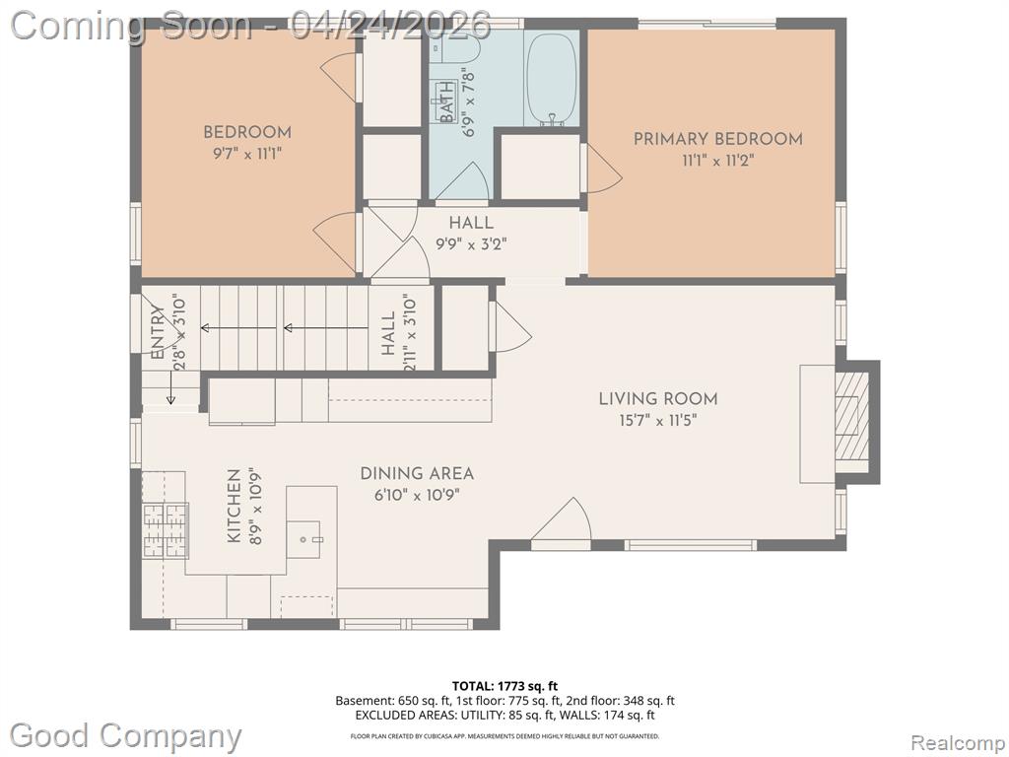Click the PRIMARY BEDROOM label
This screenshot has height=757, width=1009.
pyautogui.click(x=717, y=139)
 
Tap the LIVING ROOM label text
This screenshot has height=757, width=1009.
pyautogui.click(x=657, y=399)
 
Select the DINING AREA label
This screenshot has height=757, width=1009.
pyautogui.click(x=417, y=474)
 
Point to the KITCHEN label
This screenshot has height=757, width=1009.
pyautogui.click(x=235, y=506)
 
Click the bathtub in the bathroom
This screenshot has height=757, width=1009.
pyautogui.click(x=552, y=79)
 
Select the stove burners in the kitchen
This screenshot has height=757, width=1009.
pyautogui.click(x=165, y=529)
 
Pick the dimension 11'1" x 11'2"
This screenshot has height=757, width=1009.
pyautogui.click(x=717, y=161)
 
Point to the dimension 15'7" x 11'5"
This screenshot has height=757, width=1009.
pyautogui.click(x=657, y=421)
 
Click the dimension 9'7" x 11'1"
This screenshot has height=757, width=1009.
pyautogui.click(x=247, y=154)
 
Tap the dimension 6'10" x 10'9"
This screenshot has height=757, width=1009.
pyautogui.click(x=417, y=495)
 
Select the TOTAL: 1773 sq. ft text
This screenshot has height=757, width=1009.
pyautogui.click(x=504, y=686)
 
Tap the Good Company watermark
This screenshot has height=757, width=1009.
pyautogui.click(x=125, y=735)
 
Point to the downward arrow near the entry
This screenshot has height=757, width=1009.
pyautogui.click(x=170, y=387)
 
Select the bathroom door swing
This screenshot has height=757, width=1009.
pyautogui.click(x=462, y=181)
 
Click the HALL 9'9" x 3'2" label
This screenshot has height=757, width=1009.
pyautogui.click(x=472, y=234)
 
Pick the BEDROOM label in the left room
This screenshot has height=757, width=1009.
pyautogui.click(x=247, y=133)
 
